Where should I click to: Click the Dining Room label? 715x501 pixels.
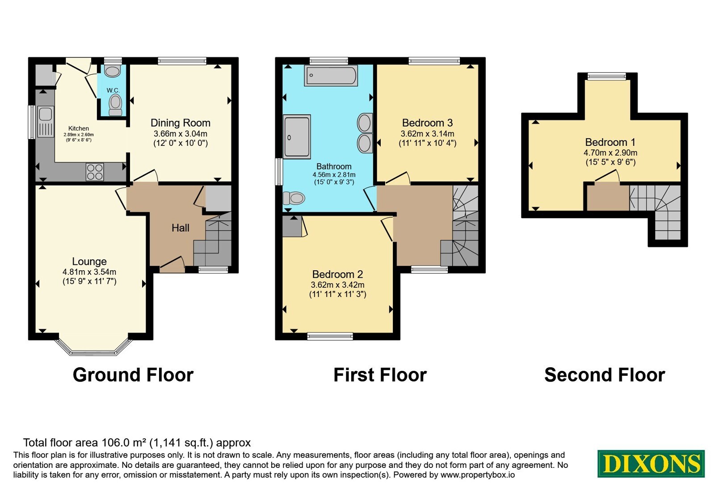(181, 123)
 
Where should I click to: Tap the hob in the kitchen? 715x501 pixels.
(95, 172)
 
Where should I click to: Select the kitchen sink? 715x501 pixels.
(45, 122)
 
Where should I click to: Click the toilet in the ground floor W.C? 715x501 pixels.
(115, 105)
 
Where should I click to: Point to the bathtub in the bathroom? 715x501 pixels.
(331, 76)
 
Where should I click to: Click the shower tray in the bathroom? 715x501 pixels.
(297, 137)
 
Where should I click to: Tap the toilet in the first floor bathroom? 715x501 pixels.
(294, 198)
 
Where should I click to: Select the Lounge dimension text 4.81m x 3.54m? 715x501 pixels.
(89, 272)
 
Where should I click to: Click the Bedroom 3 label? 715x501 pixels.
(427, 123)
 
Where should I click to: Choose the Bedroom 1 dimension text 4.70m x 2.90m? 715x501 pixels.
(610, 153)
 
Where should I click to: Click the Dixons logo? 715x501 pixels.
(651, 463)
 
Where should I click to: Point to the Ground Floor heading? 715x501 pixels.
(133, 375)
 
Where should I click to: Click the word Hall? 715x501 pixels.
(181, 228)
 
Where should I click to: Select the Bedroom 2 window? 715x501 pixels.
(330, 336)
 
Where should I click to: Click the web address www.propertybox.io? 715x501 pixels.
(478, 475)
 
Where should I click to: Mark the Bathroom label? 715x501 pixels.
(334, 166)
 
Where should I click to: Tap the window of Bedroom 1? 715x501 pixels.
(607, 76)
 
